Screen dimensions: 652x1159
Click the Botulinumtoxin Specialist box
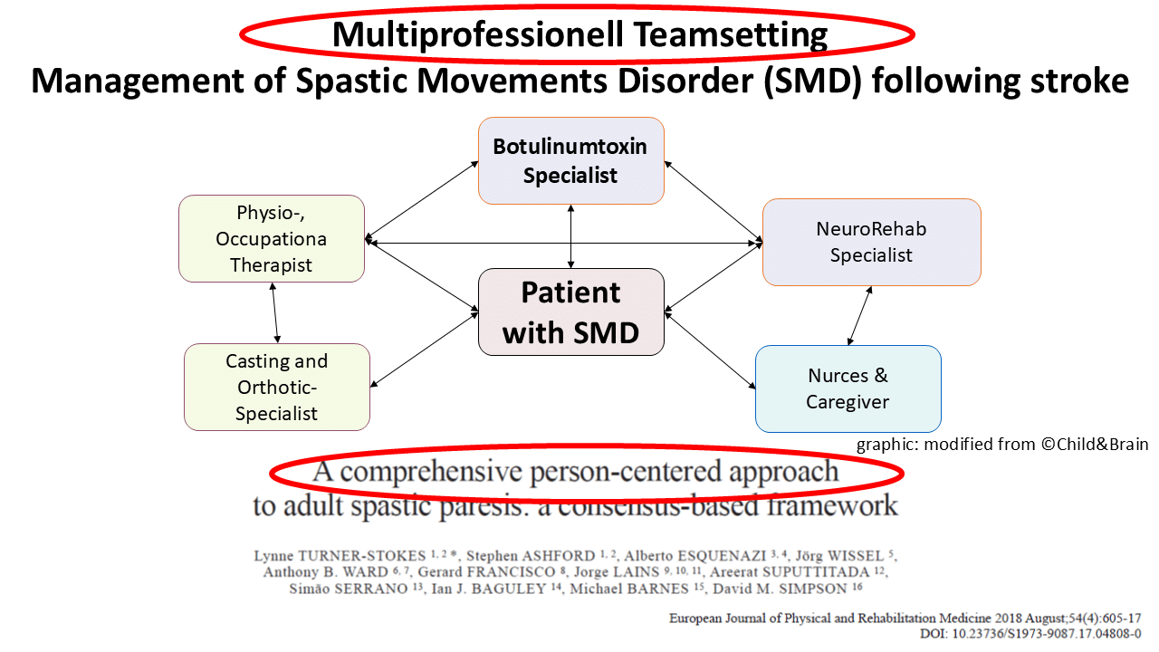click(x=570, y=160)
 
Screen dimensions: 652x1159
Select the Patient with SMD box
click(x=570, y=312)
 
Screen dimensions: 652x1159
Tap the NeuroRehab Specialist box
click(x=871, y=242)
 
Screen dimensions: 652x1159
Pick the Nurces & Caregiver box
click(x=848, y=388)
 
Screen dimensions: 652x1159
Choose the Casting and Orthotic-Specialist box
click(x=276, y=387)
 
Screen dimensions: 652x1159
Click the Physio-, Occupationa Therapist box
click(x=271, y=239)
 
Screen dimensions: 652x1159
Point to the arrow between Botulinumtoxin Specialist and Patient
click(x=570, y=236)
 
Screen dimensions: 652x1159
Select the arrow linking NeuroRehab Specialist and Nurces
click(x=859, y=316)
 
